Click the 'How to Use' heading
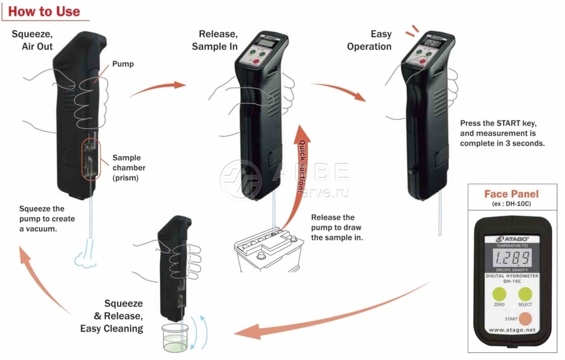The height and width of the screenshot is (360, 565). coord(45,11)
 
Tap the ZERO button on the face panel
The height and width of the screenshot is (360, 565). coord(499,294)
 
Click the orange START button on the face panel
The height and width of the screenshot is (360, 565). coord(526,319)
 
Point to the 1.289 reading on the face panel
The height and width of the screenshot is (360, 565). coord(512,257)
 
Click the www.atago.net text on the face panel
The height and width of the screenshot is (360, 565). coord(512,331)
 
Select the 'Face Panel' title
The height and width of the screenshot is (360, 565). coord(511,194)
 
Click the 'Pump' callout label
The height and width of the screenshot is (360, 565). coord(122,64)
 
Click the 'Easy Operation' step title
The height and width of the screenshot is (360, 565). coord(369,40)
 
